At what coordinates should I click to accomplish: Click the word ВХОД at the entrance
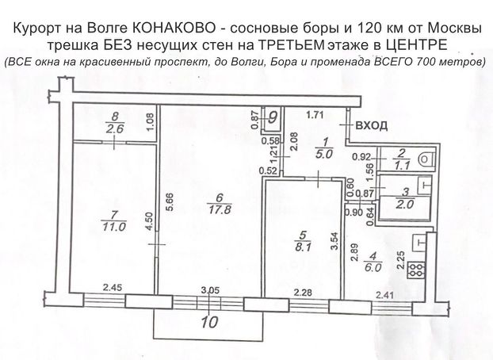pos(372,125)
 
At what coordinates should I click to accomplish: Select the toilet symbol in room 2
pos(426,159)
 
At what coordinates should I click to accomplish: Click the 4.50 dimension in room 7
pos(148,220)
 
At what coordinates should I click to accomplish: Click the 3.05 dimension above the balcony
pos(210,291)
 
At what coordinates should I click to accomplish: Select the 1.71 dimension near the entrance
pos(317,115)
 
